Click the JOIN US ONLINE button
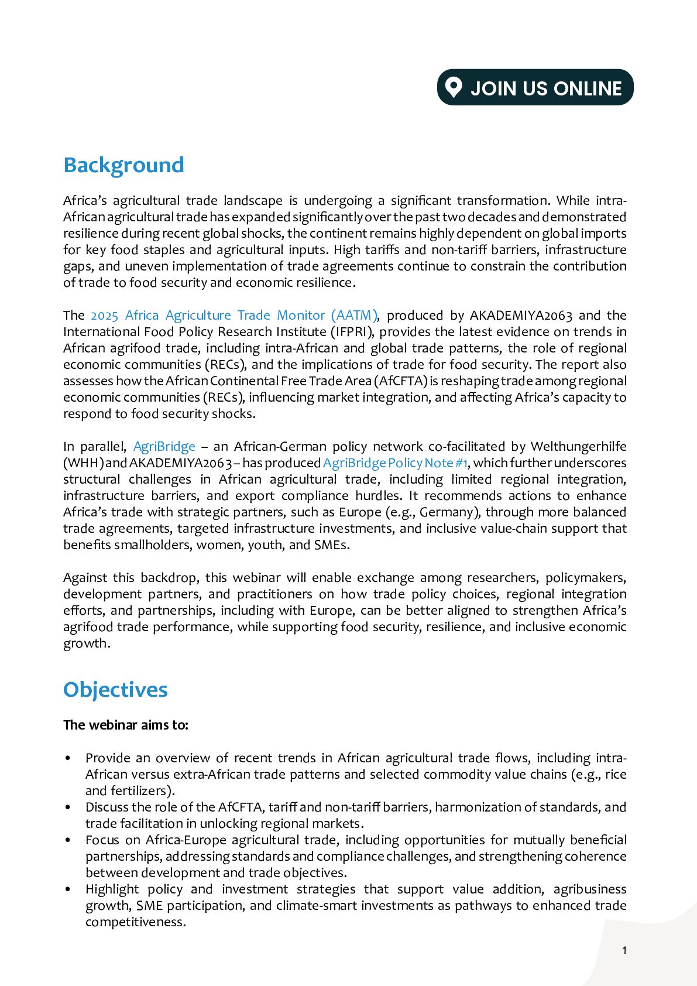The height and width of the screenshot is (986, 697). coord(535,88)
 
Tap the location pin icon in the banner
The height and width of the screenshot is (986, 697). coord(454,87)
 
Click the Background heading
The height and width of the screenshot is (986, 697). coord(123,165)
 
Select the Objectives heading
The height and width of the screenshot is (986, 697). coord(115,690)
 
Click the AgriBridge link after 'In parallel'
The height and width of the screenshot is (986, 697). coord(164,447)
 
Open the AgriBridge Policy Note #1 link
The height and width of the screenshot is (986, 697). coord(395,463)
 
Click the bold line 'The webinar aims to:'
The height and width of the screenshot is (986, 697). coord(126,725)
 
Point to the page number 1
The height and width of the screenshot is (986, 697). coord(624,950)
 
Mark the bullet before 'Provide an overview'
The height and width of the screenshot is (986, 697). coord(68,758)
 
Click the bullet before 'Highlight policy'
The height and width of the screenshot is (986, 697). coord(68,889)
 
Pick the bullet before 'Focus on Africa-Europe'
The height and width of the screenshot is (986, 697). coord(68,840)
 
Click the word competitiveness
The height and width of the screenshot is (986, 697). coord(135,922)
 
